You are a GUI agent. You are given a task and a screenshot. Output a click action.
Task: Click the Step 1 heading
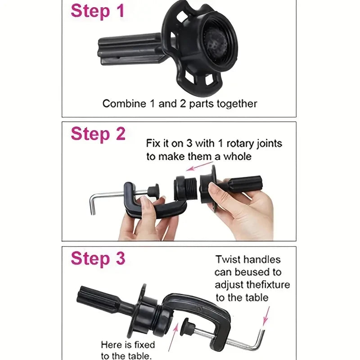point(97,11)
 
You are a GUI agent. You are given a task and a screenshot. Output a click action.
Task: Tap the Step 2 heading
point(98,134)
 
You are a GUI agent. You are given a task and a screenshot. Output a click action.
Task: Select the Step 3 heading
point(98,258)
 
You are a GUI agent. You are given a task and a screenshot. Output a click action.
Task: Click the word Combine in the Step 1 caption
point(124,103)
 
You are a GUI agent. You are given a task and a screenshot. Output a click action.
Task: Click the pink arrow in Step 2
point(199,166)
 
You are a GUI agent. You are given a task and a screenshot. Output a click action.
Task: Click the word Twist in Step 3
point(228,260)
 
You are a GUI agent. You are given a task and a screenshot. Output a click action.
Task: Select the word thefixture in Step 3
point(268,285)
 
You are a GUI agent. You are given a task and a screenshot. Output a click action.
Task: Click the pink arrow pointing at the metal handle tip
point(266,316)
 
